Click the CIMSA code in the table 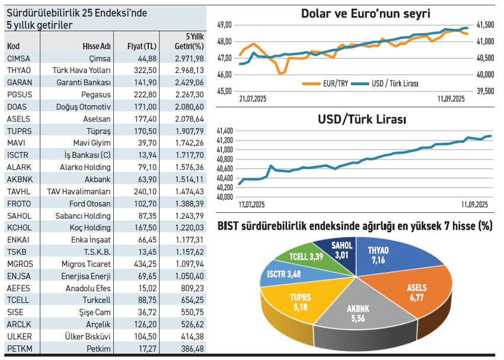18,58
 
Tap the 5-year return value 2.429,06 189,82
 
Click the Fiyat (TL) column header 142,46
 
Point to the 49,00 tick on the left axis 225,25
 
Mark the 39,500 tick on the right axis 485,91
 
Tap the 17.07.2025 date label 252,205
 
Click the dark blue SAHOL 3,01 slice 342,249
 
